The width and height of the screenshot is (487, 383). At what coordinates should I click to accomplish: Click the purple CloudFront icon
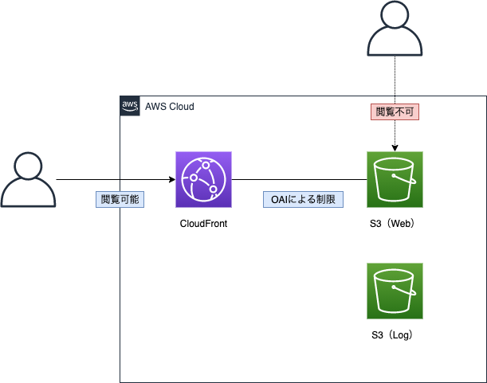[x=203, y=179]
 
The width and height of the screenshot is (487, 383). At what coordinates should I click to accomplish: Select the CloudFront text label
[x=203, y=224]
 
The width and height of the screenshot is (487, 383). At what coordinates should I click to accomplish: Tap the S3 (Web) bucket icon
[x=395, y=179]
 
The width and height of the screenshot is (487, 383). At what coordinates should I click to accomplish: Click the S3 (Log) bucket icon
[x=395, y=291]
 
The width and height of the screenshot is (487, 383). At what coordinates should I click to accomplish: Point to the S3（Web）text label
[x=395, y=224]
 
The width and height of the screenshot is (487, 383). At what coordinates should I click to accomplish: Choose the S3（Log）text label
[x=395, y=335]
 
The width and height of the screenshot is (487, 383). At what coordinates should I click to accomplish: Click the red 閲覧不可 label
[x=395, y=112]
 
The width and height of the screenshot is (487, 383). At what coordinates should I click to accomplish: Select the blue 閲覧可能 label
[x=120, y=199]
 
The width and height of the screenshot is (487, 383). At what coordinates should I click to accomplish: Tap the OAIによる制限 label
[x=303, y=199]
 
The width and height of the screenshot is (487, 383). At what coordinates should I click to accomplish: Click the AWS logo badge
[x=130, y=106]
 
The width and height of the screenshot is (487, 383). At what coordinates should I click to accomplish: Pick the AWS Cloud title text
[x=169, y=106]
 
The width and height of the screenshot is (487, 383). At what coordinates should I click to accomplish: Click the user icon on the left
[x=29, y=179]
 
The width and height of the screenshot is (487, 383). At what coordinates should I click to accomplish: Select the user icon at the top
[x=395, y=30]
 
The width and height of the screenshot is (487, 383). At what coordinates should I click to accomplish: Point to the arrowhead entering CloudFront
[x=171, y=179]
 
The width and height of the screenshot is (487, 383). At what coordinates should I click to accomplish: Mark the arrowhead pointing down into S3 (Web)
[x=395, y=147]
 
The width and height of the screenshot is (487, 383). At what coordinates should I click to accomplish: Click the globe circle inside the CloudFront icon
[x=203, y=180]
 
